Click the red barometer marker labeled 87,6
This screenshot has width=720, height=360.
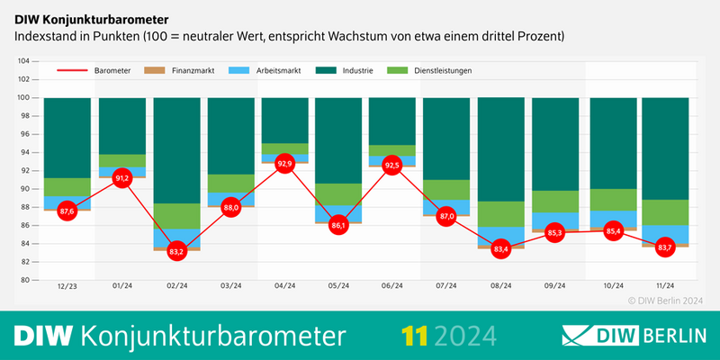click(x=67, y=211)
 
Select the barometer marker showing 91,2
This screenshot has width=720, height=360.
click(x=122, y=178)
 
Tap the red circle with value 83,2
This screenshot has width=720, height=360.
click(x=176, y=251)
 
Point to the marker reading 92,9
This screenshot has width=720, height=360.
click(x=284, y=163)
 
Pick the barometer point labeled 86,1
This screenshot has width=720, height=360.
click(x=338, y=225)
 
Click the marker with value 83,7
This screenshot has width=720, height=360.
click(x=665, y=247)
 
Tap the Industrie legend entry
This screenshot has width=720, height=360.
click(x=346, y=70)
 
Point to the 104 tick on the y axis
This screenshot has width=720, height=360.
click(x=23, y=61)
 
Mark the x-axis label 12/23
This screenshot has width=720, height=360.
click(x=67, y=287)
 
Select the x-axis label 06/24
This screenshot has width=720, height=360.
click(x=392, y=287)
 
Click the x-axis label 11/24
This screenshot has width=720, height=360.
click(x=665, y=287)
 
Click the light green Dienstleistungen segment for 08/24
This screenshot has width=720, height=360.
click(x=501, y=213)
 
